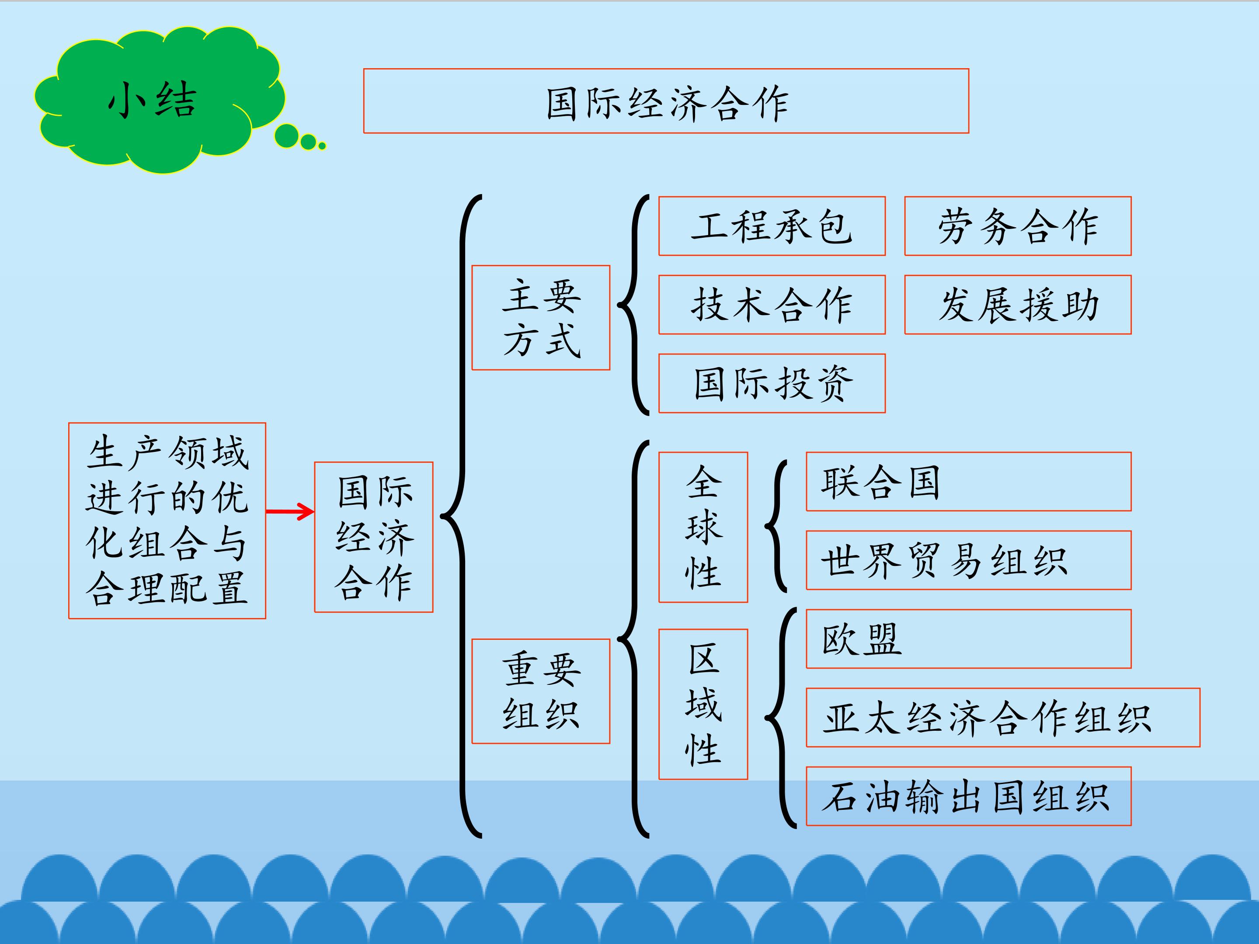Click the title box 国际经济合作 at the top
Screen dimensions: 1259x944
(x=666, y=101)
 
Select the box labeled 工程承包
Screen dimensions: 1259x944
(x=772, y=226)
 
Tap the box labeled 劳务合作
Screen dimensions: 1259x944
(x=1018, y=226)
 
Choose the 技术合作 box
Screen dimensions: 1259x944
(x=772, y=305)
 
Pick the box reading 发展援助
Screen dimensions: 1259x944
(x=1018, y=305)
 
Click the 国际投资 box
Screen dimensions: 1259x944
(x=772, y=383)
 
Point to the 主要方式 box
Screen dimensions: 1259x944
(x=541, y=318)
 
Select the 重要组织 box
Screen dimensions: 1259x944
(x=541, y=691)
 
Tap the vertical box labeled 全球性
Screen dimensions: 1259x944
(x=703, y=527)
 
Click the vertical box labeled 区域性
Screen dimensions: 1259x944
(x=703, y=704)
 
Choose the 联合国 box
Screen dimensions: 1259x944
(x=969, y=481)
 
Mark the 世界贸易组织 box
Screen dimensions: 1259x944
(x=969, y=560)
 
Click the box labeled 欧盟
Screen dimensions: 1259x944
(x=969, y=639)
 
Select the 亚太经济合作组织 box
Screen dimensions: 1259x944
(x=1003, y=717)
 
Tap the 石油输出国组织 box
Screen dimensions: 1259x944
(x=969, y=795)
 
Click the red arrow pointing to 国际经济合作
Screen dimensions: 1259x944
(x=290, y=511)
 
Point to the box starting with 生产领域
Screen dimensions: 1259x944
(x=167, y=521)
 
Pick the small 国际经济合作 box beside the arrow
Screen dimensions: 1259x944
(x=374, y=537)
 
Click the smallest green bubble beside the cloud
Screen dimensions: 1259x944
(x=322, y=146)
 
